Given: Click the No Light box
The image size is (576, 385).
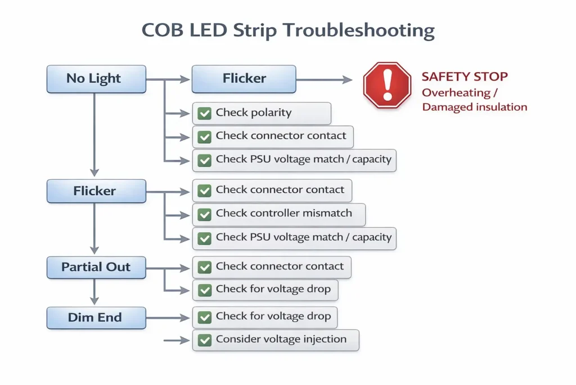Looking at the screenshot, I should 96,79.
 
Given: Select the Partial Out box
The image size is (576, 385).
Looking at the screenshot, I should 96,267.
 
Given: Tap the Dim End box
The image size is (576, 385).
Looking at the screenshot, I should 95,317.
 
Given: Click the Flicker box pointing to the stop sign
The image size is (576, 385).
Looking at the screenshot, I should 244,79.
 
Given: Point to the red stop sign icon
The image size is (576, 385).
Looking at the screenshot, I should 387,85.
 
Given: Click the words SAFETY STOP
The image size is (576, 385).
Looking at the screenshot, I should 465,77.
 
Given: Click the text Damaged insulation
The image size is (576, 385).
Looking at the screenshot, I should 474,107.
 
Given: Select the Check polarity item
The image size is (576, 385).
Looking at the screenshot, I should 261,113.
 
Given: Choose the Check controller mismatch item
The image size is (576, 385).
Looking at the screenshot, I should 278,214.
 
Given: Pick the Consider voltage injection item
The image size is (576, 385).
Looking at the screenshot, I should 275,339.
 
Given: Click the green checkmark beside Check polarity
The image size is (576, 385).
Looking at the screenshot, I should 204,113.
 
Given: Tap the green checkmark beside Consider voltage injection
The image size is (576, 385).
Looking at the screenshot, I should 204,340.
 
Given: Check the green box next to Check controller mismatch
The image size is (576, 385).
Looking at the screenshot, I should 204,214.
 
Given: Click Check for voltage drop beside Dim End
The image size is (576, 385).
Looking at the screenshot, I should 273,316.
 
